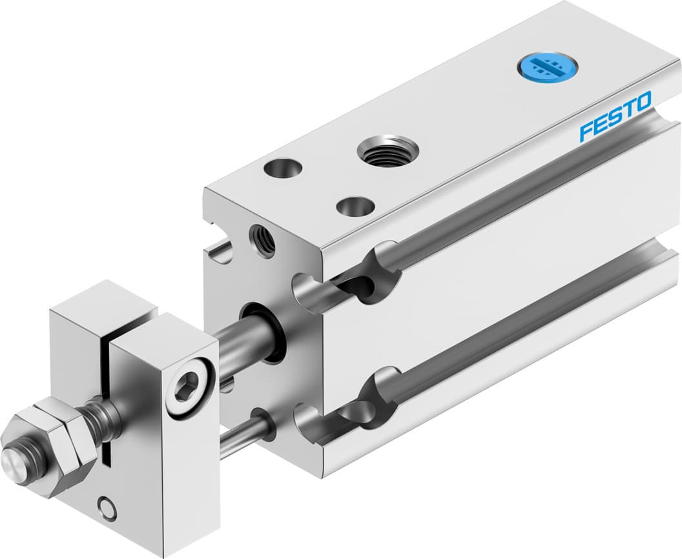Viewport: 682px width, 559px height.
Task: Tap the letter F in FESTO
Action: click(586, 131)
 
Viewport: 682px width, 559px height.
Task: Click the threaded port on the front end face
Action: click(262, 239)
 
